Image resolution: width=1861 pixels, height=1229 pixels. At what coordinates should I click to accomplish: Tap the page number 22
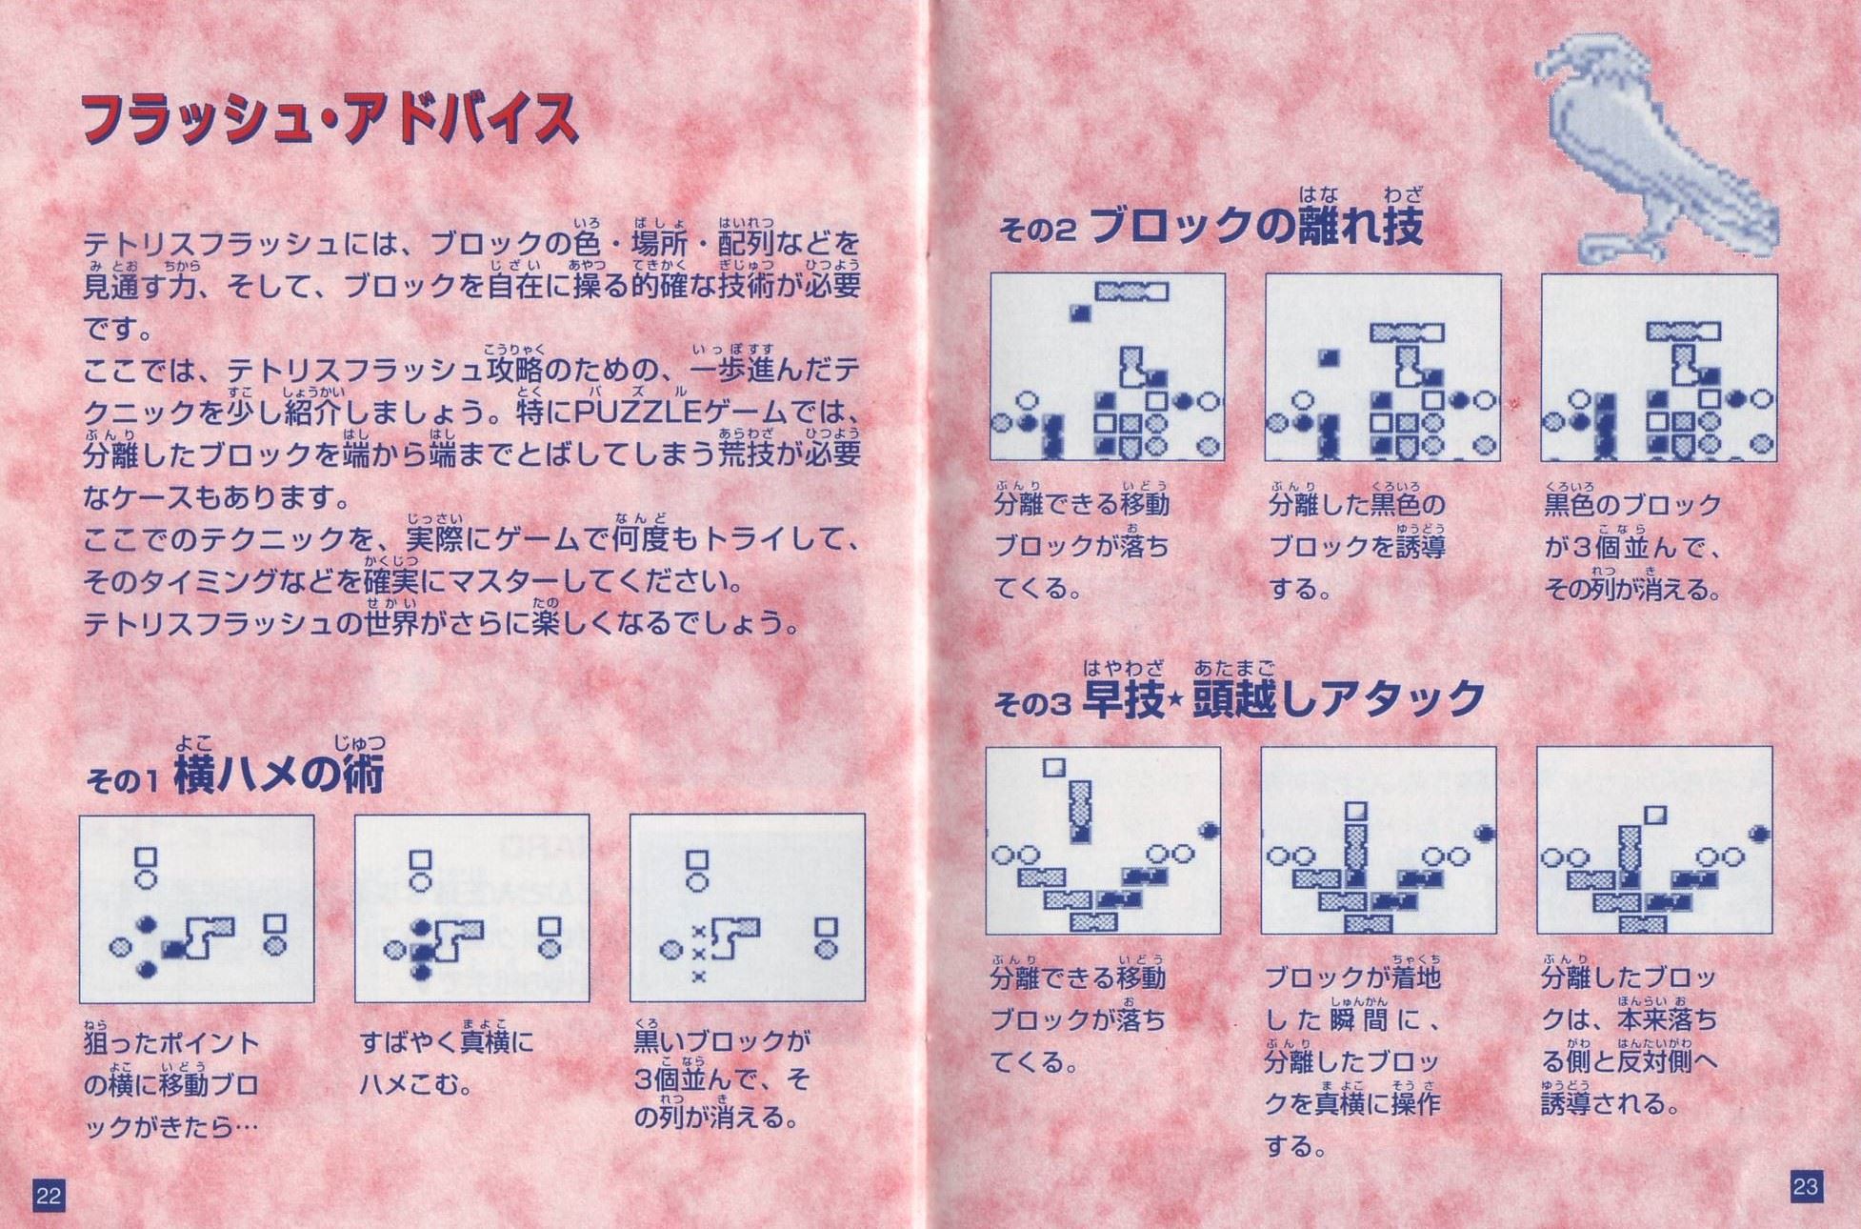coord(49,1196)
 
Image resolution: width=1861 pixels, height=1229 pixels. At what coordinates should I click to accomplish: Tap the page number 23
coord(1806,1187)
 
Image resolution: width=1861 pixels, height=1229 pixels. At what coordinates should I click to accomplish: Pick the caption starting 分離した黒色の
coord(1356,543)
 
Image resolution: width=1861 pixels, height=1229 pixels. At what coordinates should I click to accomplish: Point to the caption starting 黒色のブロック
coord(1632,543)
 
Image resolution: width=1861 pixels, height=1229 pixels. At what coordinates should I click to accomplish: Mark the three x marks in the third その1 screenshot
coord(698,954)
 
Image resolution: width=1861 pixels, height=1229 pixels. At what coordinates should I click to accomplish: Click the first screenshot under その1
coord(196,908)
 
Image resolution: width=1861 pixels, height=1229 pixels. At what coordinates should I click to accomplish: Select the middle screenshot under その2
coord(1383,368)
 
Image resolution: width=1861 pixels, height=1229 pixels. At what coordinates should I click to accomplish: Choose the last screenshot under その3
coord(1654,840)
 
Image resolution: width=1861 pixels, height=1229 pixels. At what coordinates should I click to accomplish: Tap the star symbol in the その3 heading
coord(1177,703)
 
